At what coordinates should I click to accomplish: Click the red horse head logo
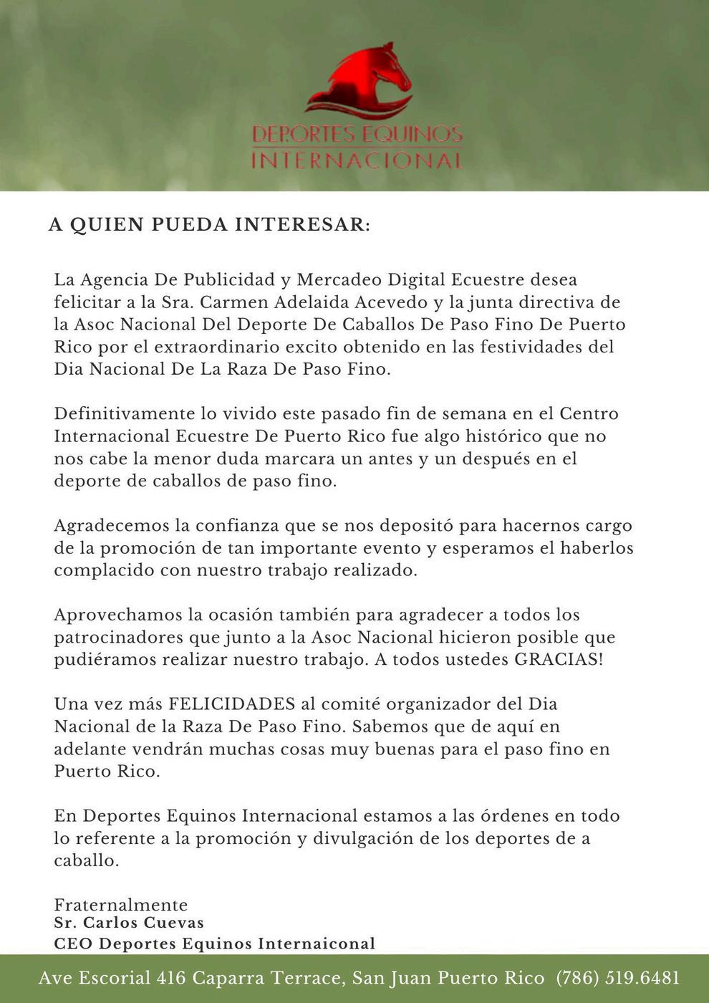tap(362, 80)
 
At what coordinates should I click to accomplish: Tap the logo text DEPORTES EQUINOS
tap(357, 134)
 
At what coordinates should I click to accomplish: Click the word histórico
tap(503, 436)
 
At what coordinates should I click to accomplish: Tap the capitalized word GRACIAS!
tap(559, 659)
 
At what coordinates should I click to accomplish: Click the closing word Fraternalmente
tap(120, 905)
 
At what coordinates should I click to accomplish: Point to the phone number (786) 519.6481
tap(617, 978)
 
